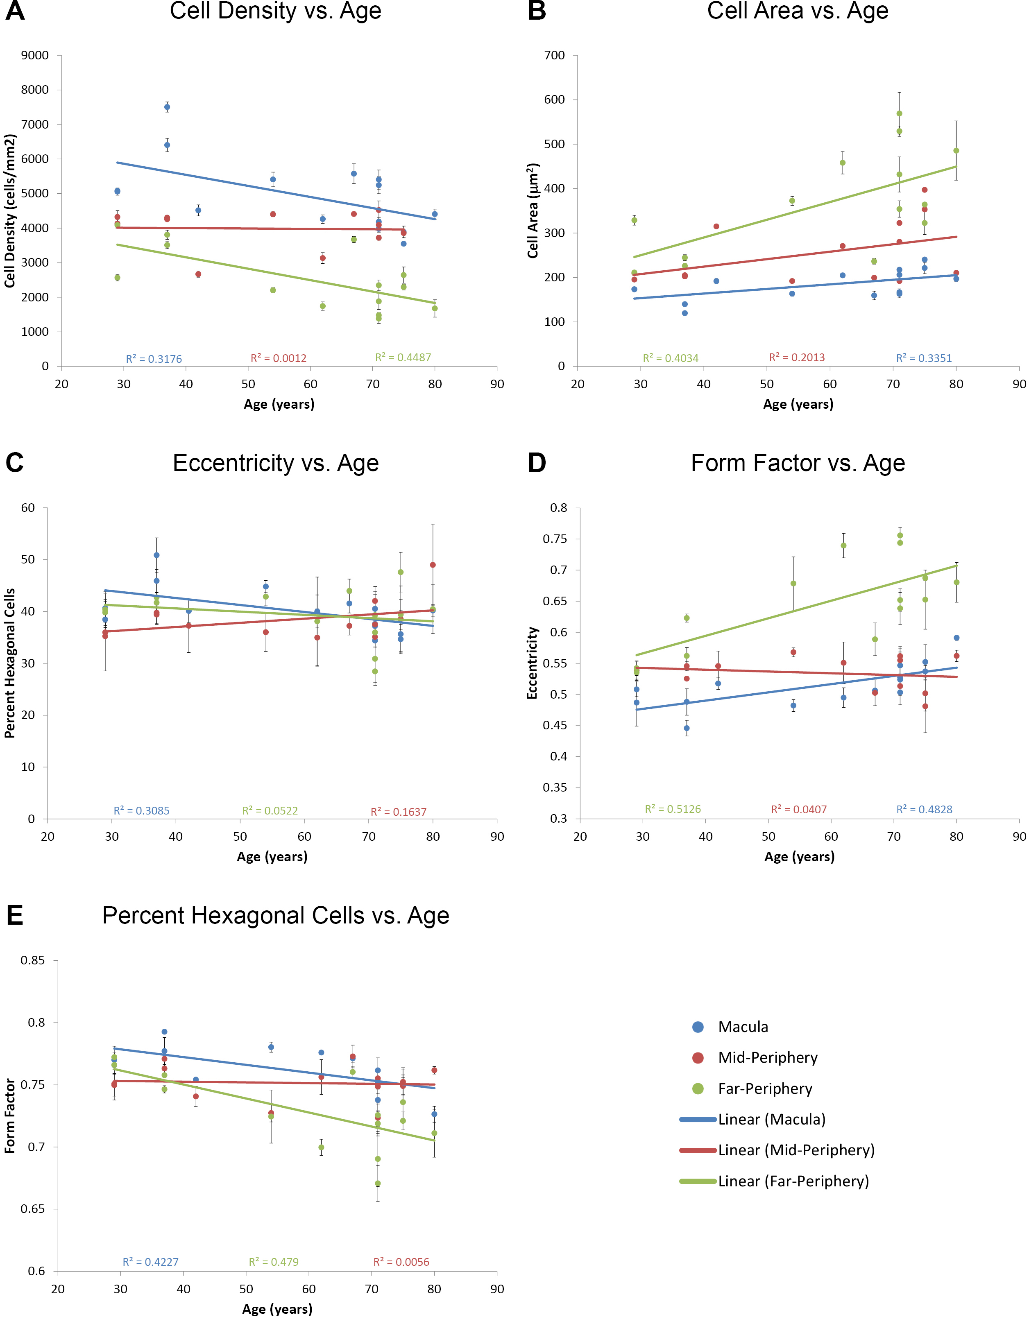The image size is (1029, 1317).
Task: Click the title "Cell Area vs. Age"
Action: tap(798, 11)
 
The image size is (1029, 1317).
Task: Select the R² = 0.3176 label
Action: tap(154, 359)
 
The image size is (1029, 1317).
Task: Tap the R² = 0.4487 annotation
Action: tap(403, 358)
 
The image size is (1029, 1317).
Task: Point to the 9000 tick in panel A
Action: tap(35, 55)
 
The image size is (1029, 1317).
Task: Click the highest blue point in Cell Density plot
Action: tap(167, 107)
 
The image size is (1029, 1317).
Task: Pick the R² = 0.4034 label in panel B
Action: tap(670, 358)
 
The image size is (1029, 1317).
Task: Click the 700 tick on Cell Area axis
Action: tap(554, 55)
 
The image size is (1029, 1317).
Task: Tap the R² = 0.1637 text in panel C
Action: tap(398, 812)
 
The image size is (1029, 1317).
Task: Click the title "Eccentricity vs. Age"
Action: tap(276, 463)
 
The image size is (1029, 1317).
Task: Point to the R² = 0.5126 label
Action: tap(673, 809)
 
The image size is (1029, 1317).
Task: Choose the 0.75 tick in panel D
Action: tap(555, 539)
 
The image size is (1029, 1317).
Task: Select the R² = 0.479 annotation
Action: tap(274, 1262)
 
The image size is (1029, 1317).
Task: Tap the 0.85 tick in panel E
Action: tap(33, 960)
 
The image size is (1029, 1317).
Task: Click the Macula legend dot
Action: tap(698, 1027)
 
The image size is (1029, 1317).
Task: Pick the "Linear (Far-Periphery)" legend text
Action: tap(793, 1181)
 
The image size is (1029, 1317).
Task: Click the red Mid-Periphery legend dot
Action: tap(698, 1058)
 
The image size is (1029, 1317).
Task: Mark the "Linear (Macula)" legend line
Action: tap(698, 1120)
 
